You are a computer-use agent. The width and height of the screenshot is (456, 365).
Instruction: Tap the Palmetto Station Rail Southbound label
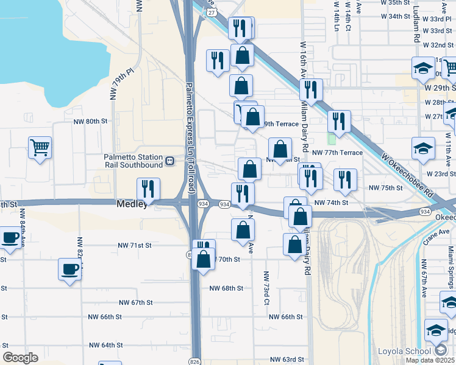point(133,161)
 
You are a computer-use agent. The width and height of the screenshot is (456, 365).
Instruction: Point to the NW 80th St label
point(89,121)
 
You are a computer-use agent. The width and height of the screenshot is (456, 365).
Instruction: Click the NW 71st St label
point(134,246)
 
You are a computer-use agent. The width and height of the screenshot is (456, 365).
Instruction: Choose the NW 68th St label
point(226,288)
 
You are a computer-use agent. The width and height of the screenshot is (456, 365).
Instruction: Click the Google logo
point(21,357)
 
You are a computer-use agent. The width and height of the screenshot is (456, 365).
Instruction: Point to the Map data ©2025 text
point(430,360)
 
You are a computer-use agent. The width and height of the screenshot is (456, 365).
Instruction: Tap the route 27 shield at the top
point(211,11)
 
